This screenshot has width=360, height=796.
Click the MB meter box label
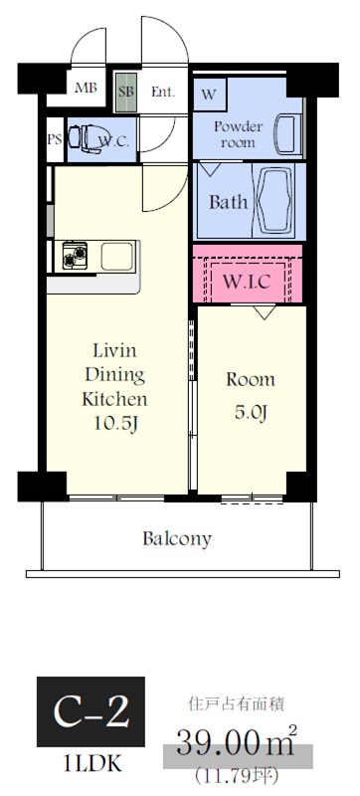[87, 88]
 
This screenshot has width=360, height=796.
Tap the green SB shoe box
[125, 93]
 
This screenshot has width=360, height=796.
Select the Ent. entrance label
[163, 92]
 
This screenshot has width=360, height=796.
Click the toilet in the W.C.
[87, 138]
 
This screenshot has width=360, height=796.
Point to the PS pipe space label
[55, 139]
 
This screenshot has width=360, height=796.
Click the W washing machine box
[210, 95]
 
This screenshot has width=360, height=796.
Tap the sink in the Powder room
[288, 134]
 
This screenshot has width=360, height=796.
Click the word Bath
[229, 202]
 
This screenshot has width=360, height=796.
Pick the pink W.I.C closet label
[247, 282]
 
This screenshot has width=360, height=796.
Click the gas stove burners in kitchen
[75, 256]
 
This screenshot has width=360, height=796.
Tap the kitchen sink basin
[117, 256]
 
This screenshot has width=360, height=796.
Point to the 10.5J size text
[115, 424]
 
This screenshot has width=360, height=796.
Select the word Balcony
[177, 538]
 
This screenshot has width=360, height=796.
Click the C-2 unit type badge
[90, 711]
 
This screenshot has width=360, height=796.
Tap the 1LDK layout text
[92, 763]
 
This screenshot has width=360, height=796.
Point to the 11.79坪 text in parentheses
[238, 775]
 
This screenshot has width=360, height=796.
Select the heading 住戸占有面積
[237, 704]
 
